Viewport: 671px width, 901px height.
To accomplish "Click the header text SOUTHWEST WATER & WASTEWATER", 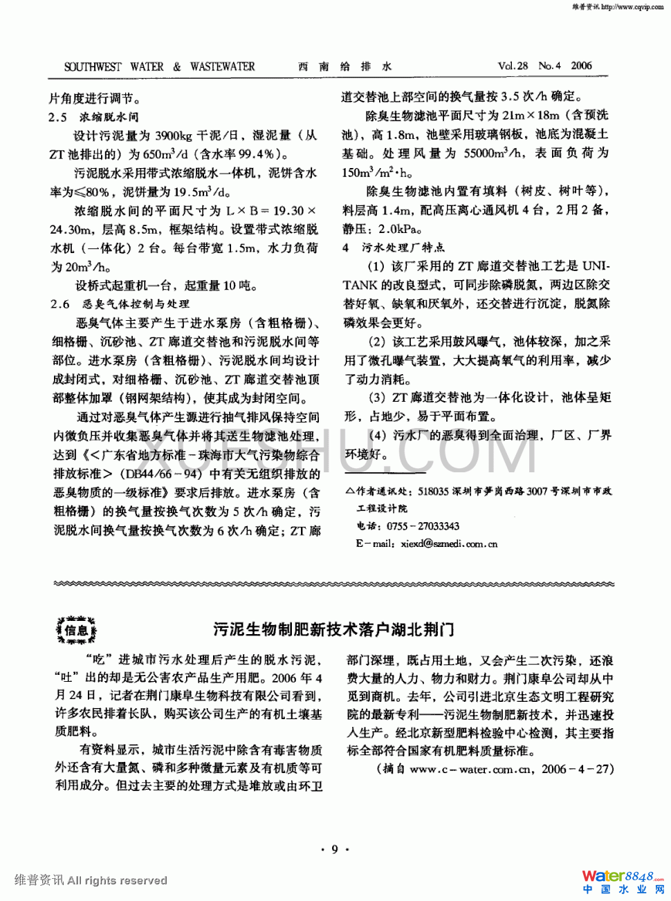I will (x=159, y=67).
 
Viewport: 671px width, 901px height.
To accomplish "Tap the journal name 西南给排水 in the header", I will (x=344, y=67).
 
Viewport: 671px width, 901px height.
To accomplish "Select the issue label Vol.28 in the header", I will (x=513, y=66).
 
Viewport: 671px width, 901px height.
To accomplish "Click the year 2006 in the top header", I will (x=581, y=66).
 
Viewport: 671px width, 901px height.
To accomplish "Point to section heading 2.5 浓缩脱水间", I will (x=93, y=117).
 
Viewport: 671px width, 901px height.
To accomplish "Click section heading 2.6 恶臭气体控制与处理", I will (x=119, y=304).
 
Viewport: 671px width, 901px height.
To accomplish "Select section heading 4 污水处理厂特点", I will (x=394, y=248).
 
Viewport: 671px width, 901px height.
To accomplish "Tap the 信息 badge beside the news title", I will (x=76, y=630).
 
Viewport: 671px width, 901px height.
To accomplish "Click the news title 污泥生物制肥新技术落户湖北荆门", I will (x=334, y=629).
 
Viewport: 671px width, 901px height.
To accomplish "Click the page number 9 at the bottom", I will (x=335, y=849).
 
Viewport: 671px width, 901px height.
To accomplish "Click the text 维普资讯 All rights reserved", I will (x=91, y=880).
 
